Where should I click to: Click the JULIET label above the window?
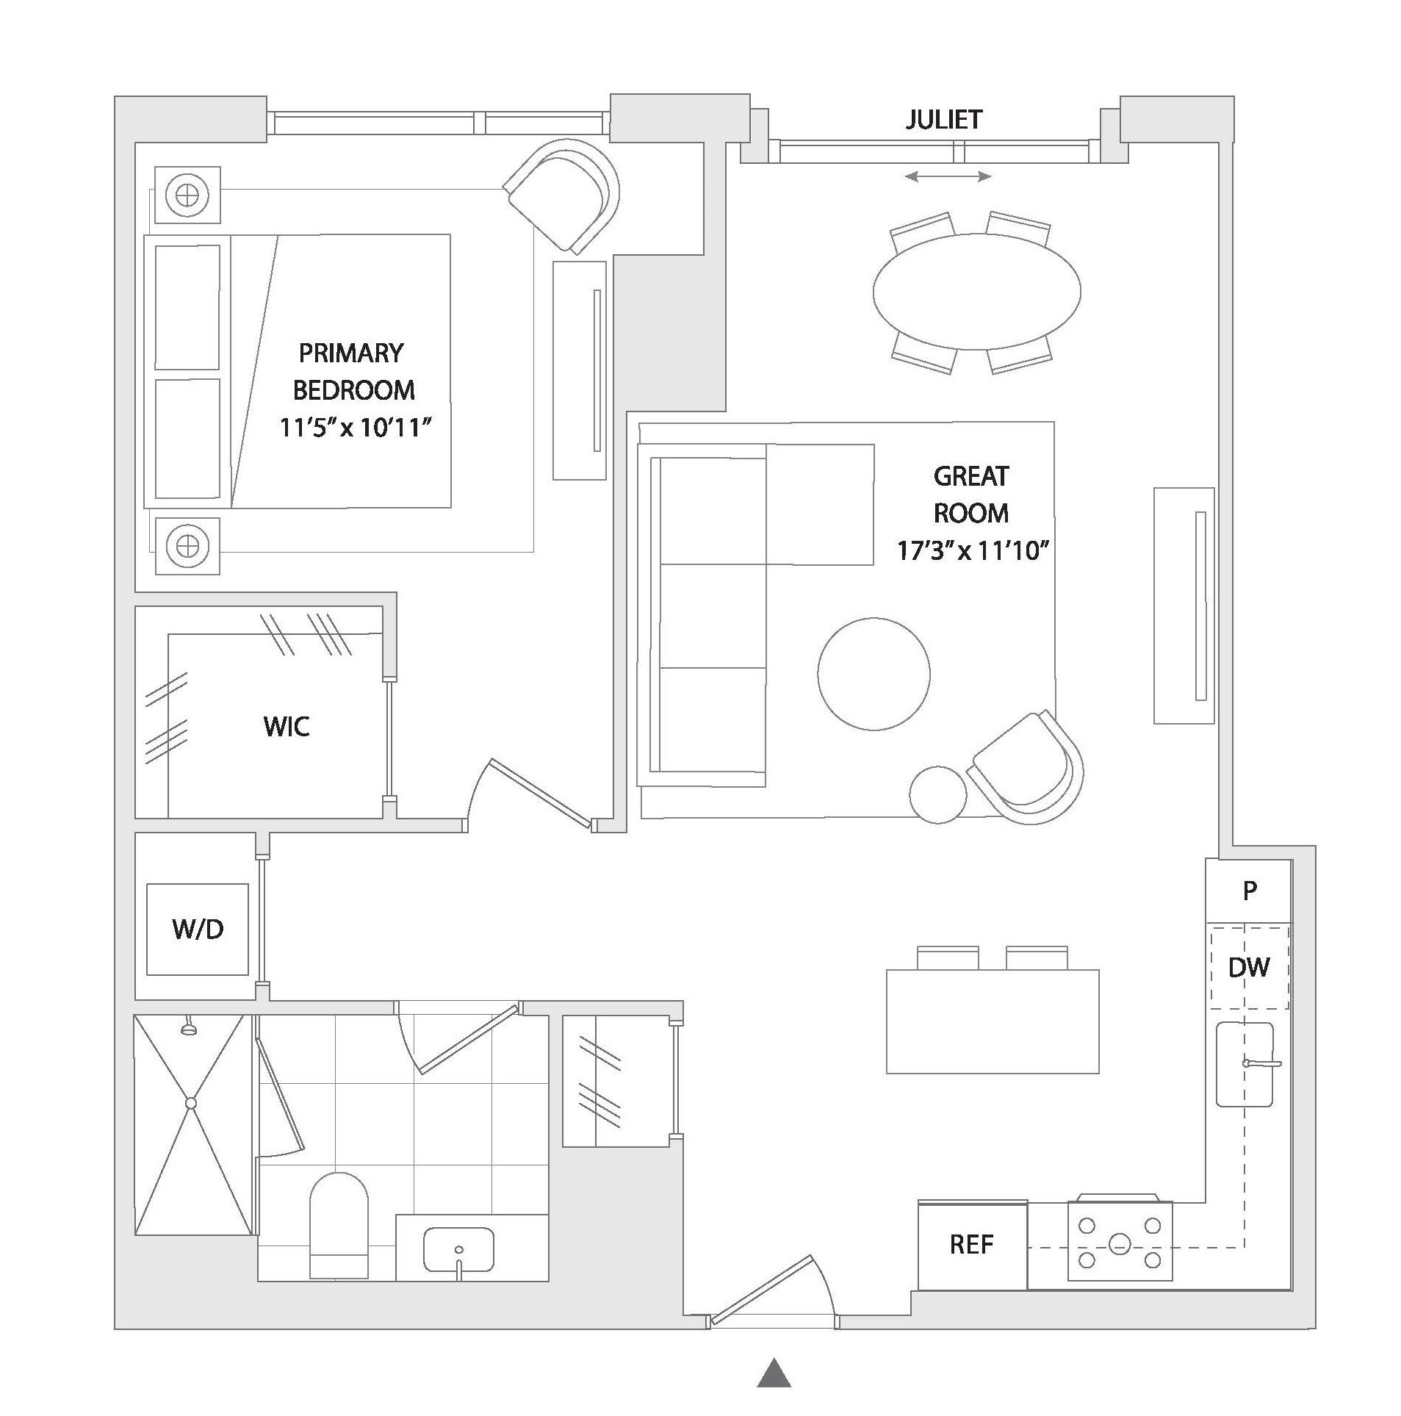pyautogui.click(x=943, y=120)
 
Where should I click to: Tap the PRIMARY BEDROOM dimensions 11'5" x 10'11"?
pyautogui.click(x=353, y=427)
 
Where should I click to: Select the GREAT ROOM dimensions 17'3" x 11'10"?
pyautogui.click(x=971, y=550)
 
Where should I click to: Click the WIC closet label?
pyautogui.click(x=287, y=727)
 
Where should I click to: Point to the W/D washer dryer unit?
pyautogui.click(x=198, y=929)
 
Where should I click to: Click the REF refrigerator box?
pyautogui.click(x=971, y=1244)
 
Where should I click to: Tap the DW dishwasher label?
pyautogui.click(x=1248, y=967)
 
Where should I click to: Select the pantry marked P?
pyautogui.click(x=1249, y=891)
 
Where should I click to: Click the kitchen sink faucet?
pyautogui.click(x=1261, y=1063)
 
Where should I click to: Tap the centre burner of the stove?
pyautogui.click(x=1119, y=1245)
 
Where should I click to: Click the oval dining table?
pyautogui.click(x=976, y=292)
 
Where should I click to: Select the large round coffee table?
pyautogui.click(x=874, y=673)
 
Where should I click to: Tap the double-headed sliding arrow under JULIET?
pyautogui.click(x=948, y=176)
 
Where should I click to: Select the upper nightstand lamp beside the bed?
pyautogui.click(x=188, y=195)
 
